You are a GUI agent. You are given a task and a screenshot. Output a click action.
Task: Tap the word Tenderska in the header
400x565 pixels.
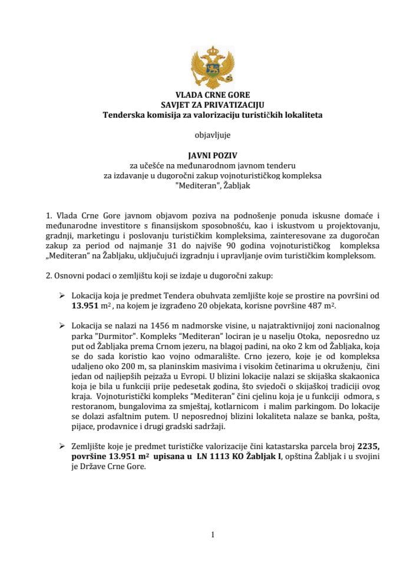point(121,115)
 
